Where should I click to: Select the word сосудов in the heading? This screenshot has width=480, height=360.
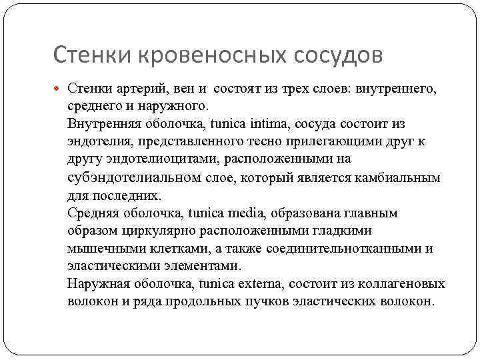(x=338, y=55)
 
